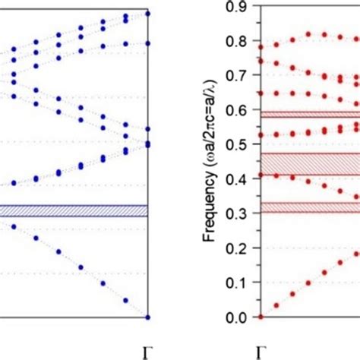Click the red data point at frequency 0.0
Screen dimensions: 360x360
[x=261, y=317]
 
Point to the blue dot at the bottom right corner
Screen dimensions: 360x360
[x=148, y=317]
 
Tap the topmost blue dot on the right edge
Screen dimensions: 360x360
[x=148, y=13]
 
